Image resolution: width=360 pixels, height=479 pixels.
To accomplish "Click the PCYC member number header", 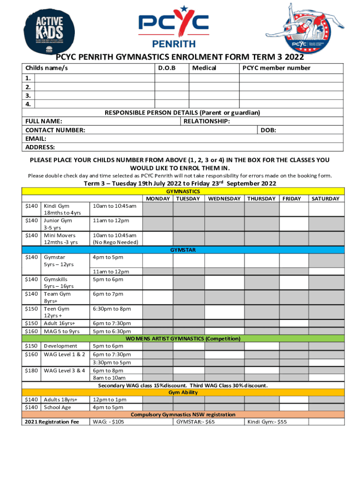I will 276,68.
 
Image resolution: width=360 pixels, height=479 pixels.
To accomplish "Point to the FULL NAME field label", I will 43,121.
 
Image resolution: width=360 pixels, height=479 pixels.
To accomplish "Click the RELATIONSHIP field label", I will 206,121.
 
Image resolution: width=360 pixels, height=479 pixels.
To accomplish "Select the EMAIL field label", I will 36,138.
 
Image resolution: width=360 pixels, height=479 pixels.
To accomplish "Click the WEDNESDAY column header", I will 224,199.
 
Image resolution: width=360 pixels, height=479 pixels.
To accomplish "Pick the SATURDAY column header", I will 325,199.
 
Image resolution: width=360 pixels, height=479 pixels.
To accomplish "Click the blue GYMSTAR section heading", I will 183,250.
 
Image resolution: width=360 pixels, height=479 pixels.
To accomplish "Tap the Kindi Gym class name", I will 57,206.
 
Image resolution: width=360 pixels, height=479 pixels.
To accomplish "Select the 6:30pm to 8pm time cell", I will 112,309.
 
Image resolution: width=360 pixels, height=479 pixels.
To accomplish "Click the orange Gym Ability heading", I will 183,392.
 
